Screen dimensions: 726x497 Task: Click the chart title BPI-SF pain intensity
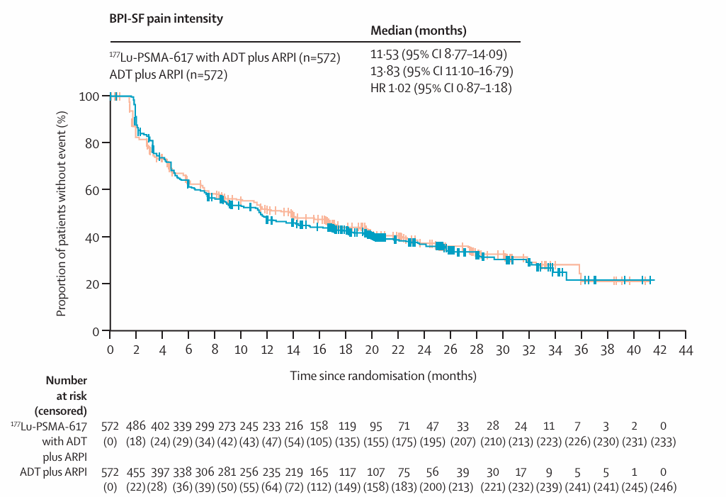166,19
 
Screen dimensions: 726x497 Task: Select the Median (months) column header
419,31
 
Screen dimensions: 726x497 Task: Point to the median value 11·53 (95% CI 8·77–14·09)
439,55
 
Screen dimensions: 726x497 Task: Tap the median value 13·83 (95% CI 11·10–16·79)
442,72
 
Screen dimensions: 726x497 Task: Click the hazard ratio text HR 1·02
391,88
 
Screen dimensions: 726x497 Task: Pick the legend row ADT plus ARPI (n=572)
169,74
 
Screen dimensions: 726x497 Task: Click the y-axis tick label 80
92,143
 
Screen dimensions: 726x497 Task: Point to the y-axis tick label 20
92,284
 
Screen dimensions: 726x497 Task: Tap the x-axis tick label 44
686,350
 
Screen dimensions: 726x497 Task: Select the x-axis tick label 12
267,350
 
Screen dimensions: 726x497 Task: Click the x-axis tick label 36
581,350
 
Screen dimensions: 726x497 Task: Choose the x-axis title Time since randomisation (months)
383,376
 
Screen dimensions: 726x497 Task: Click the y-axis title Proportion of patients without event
61,213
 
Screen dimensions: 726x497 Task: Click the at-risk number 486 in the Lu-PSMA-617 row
136,426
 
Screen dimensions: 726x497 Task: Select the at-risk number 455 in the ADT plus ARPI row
136,472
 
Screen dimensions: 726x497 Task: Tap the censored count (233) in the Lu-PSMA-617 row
663,442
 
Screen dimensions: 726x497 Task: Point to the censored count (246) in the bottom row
663,487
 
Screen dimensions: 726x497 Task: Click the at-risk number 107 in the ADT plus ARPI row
375,472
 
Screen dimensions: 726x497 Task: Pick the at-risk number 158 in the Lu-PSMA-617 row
319,426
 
